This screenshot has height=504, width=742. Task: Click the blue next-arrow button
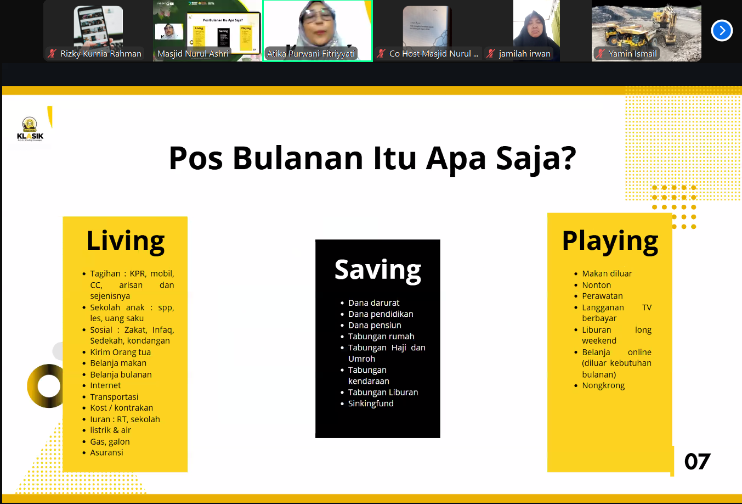click(x=722, y=31)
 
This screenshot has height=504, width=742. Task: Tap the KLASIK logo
click(x=30, y=130)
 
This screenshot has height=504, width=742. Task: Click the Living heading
click(x=125, y=241)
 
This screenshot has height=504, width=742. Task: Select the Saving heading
click(x=377, y=270)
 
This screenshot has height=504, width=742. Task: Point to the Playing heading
click(x=610, y=241)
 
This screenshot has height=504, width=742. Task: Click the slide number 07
click(x=697, y=462)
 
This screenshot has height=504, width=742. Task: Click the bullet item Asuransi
click(x=106, y=452)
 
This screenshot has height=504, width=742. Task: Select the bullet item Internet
click(x=105, y=385)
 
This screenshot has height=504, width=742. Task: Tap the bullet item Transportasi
click(x=114, y=397)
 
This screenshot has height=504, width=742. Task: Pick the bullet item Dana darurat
click(x=373, y=303)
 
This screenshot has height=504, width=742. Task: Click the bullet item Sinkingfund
click(x=371, y=404)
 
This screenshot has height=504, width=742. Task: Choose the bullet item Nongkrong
click(x=603, y=385)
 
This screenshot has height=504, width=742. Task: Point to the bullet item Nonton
click(x=596, y=285)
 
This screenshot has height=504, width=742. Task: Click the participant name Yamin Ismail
click(x=632, y=54)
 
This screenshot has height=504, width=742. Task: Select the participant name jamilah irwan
click(x=524, y=54)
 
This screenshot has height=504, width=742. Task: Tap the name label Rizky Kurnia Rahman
click(x=100, y=54)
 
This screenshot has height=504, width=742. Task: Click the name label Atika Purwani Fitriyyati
click(x=311, y=54)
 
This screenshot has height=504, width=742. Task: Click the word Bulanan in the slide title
click(x=297, y=158)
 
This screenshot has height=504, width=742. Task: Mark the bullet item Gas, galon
click(x=110, y=441)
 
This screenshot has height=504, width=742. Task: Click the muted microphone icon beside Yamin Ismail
click(x=601, y=54)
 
